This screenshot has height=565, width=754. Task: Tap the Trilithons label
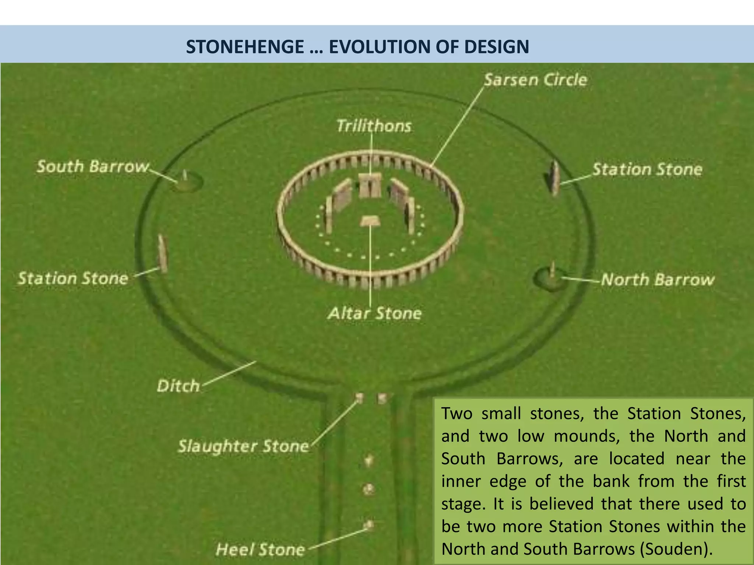tap(374, 126)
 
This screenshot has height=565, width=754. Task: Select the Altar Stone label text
tap(374, 313)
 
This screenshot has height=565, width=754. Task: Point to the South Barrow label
tap(93, 167)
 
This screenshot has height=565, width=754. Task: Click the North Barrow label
tap(658, 280)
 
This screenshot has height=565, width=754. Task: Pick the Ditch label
tap(178, 386)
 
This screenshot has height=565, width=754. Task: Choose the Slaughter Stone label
tap(243, 446)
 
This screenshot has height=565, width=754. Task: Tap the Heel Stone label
tap(260, 550)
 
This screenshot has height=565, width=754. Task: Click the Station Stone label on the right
tap(647, 170)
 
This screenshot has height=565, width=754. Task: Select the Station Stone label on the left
tap(73, 278)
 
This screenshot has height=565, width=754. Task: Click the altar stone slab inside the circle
tap(370, 221)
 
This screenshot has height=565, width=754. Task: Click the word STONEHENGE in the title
tap(245, 47)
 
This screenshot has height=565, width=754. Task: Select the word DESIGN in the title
tap(496, 47)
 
